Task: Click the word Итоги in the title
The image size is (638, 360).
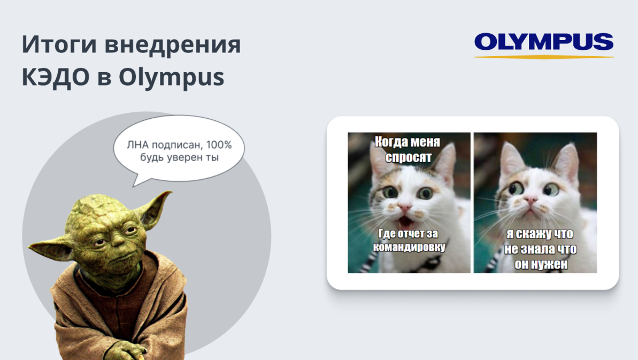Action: pyautogui.click(x=59, y=44)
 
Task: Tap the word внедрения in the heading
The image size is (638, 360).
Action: pyautogui.click(x=173, y=44)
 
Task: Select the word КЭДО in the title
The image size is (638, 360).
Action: pyautogui.click(x=55, y=76)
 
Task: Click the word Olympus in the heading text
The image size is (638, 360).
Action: pyautogui.click(x=171, y=77)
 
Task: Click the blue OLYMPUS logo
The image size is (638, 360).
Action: pyautogui.click(x=543, y=42)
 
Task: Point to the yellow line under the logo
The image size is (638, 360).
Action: pyautogui.click(x=544, y=57)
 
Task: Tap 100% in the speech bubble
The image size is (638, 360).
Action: pyautogui.click(x=219, y=145)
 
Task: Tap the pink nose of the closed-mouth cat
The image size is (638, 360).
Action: pyautogui.click(x=530, y=200)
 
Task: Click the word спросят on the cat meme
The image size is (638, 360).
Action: pyautogui.click(x=409, y=157)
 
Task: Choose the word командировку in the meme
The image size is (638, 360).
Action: pyautogui.click(x=409, y=247)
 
